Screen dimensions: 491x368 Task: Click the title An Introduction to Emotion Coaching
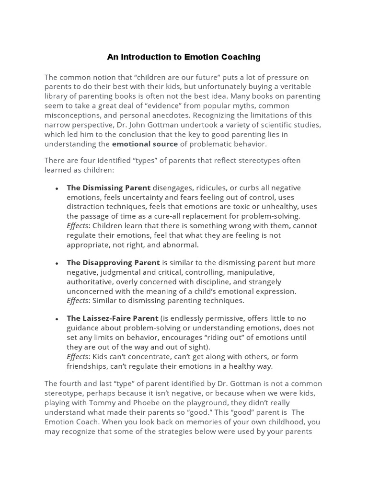pyautogui.click(x=184, y=57)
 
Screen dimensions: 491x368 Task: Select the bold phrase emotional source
pyautogui.click(x=145, y=144)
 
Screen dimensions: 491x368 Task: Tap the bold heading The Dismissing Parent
pyautogui.click(x=108, y=187)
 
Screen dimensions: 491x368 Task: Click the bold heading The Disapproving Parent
pyautogui.click(x=113, y=262)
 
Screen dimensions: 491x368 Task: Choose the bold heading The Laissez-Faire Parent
pyautogui.click(x=112, y=318)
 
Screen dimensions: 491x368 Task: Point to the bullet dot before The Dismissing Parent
pyautogui.click(x=57, y=188)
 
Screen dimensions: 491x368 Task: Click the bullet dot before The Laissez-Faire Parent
pyautogui.click(x=57, y=319)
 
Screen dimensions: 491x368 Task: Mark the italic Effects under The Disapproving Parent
pyautogui.click(x=77, y=301)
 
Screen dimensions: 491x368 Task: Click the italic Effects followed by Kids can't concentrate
pyautogui.click(x=77, y=356)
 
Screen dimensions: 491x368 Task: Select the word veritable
pyautogui.click(x=294, y=86)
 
